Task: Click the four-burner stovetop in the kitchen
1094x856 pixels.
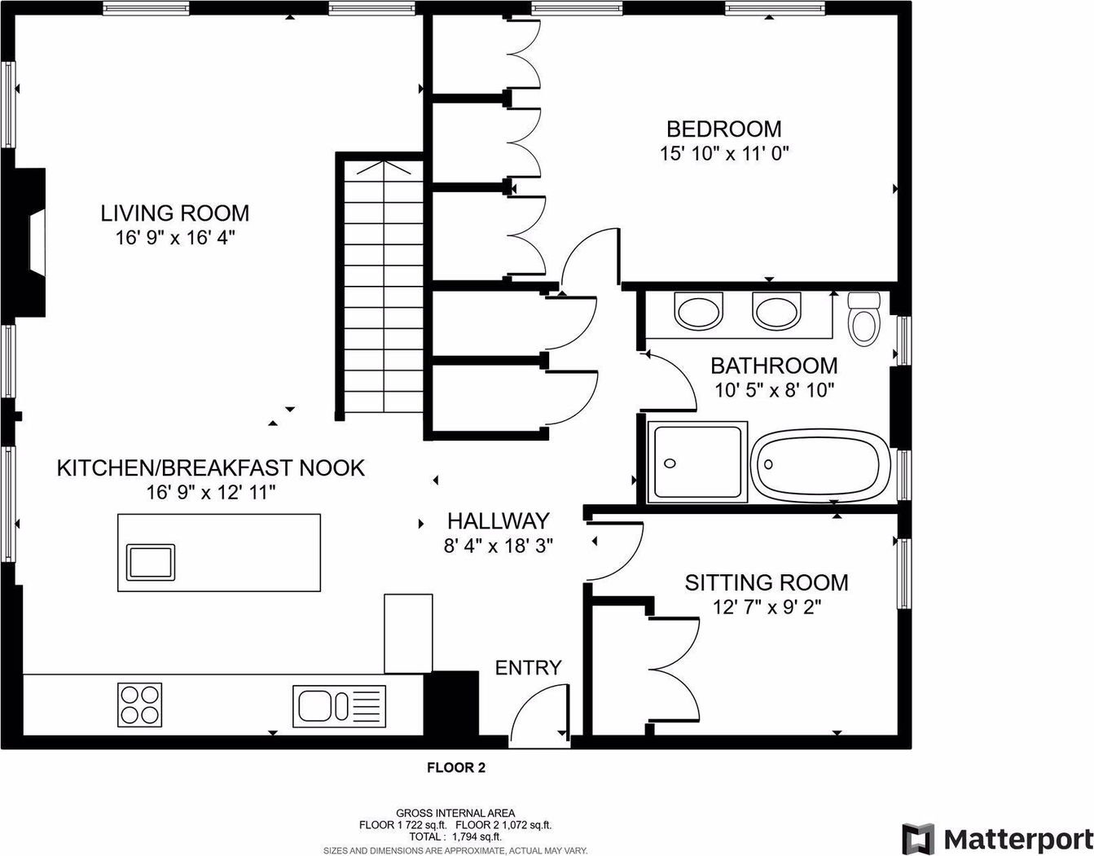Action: (140, 705)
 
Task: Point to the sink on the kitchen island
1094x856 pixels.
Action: (151, 562)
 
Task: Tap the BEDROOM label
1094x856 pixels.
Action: (724, 129)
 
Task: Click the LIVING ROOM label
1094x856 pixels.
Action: (174, 213)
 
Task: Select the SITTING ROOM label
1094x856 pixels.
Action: (767, 582)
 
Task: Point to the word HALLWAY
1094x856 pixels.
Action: (498, 520)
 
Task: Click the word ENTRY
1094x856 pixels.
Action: (528, 668)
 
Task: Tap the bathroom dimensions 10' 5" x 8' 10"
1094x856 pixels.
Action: (775, 390)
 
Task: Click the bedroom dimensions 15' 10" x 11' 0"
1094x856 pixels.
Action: (724, 153)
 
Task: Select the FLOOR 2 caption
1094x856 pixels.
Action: (456, 767)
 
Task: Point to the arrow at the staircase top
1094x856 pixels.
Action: (384, 168)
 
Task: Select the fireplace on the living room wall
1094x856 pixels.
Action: (30, 243)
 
